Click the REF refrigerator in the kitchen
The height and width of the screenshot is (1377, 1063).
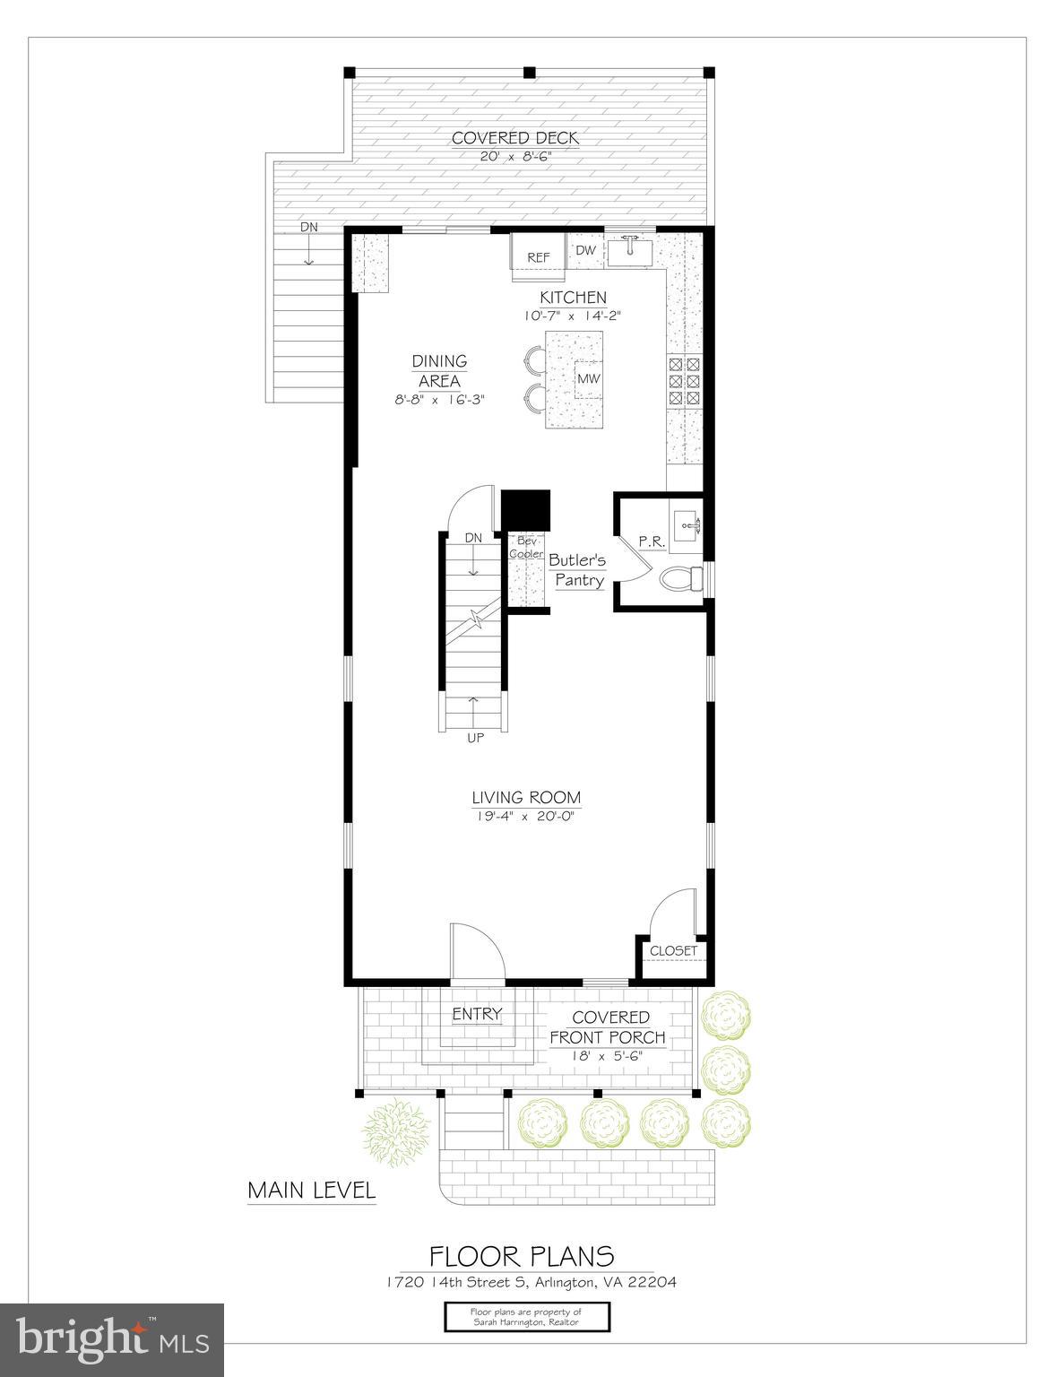click(538, 256)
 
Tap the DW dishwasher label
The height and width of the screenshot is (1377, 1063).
click(585, 250)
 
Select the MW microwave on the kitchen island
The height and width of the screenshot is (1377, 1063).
click(588, 378)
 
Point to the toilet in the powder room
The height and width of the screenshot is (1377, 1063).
click(682, 581)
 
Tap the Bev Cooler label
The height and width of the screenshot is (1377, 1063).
click(526, 547)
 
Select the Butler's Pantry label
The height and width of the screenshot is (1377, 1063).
click(578, 570)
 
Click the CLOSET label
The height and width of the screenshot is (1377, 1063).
click(673, 950)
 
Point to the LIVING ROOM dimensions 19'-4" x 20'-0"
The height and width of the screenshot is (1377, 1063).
click(525, 816)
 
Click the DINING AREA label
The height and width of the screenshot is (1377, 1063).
click(439, 370)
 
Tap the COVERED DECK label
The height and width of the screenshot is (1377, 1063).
click(515, 138)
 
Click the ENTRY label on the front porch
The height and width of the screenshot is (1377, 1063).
click(477, 1014)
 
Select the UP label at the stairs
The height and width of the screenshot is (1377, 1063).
click(474, 738)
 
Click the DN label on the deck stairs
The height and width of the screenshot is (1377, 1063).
click(308, 227)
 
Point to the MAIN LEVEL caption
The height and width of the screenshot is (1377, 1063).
click(311, 1191)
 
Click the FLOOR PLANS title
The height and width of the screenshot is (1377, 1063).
click(522, 1255)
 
